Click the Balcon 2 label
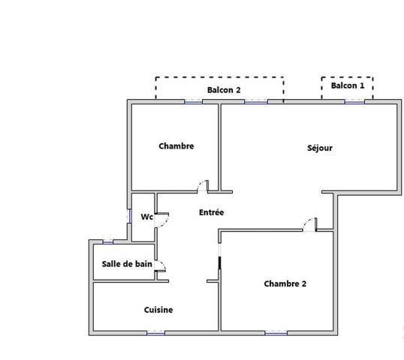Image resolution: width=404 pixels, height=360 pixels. click(x=224, y=90)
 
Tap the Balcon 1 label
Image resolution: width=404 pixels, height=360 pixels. click(x=348, y=85)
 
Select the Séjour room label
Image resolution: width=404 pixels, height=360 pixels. click(x=319, y=148)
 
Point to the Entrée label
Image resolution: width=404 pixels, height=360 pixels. click(x=211, y=212)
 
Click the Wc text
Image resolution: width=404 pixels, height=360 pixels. click(x=146, y=217)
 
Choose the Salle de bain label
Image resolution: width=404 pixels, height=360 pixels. click(x=127, y=263)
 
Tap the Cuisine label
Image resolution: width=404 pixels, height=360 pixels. click(x=158, y=309)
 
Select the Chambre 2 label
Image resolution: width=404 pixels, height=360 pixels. click(x=285, y=283)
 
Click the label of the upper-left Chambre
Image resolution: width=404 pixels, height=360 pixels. click(x=176, y=146)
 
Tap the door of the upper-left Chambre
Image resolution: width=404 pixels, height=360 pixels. click(x=203, y=185)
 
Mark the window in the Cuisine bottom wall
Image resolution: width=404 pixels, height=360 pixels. click(x=155, y=332)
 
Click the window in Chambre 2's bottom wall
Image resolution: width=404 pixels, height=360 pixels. click(x=275, y=332)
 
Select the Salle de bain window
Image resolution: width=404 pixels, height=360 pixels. click(x=107, y=241)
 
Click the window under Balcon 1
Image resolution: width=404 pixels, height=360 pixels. click(x=354, y=101)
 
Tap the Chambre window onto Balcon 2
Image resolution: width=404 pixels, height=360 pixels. click(x=194, y=101)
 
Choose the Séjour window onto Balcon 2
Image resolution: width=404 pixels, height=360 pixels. click(x=255, y=101)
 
